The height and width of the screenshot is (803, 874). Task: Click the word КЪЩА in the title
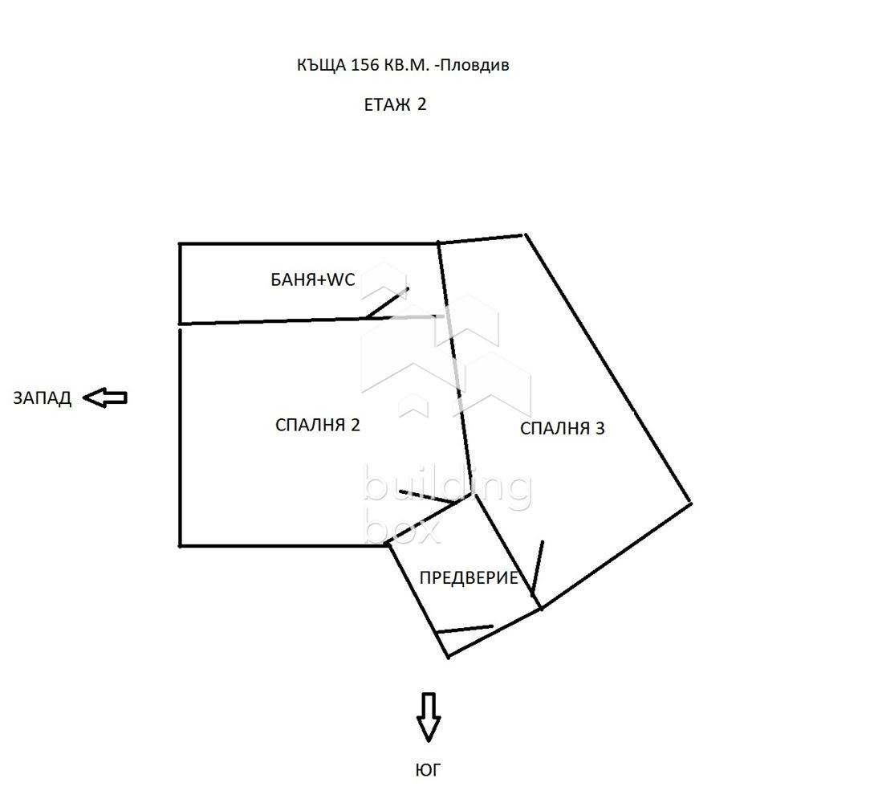(321, 65)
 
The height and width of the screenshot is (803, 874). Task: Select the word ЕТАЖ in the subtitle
(387, 104)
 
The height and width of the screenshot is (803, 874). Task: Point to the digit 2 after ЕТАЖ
(421, 104)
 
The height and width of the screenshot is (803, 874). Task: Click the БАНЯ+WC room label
(312, 280)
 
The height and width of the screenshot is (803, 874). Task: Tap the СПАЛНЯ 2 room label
(317, 425)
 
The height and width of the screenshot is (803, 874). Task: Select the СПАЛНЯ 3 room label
(562, 428)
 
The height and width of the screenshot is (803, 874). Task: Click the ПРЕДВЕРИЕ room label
(469, 577)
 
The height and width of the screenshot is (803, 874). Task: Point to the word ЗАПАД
(42, 398)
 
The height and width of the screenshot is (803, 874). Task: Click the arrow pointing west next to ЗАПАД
(106, 397)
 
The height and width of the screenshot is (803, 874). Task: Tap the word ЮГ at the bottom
(428, 770)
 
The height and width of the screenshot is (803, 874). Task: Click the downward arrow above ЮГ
(428, 716)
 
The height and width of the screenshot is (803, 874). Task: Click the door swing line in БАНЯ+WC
(387, 303)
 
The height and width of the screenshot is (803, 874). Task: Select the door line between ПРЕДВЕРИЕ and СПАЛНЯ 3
(538, 569)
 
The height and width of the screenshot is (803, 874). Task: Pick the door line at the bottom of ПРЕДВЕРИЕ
(465, 629)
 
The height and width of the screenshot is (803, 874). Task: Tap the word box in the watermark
(402, 528)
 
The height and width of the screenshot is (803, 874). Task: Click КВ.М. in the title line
(409, 65)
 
